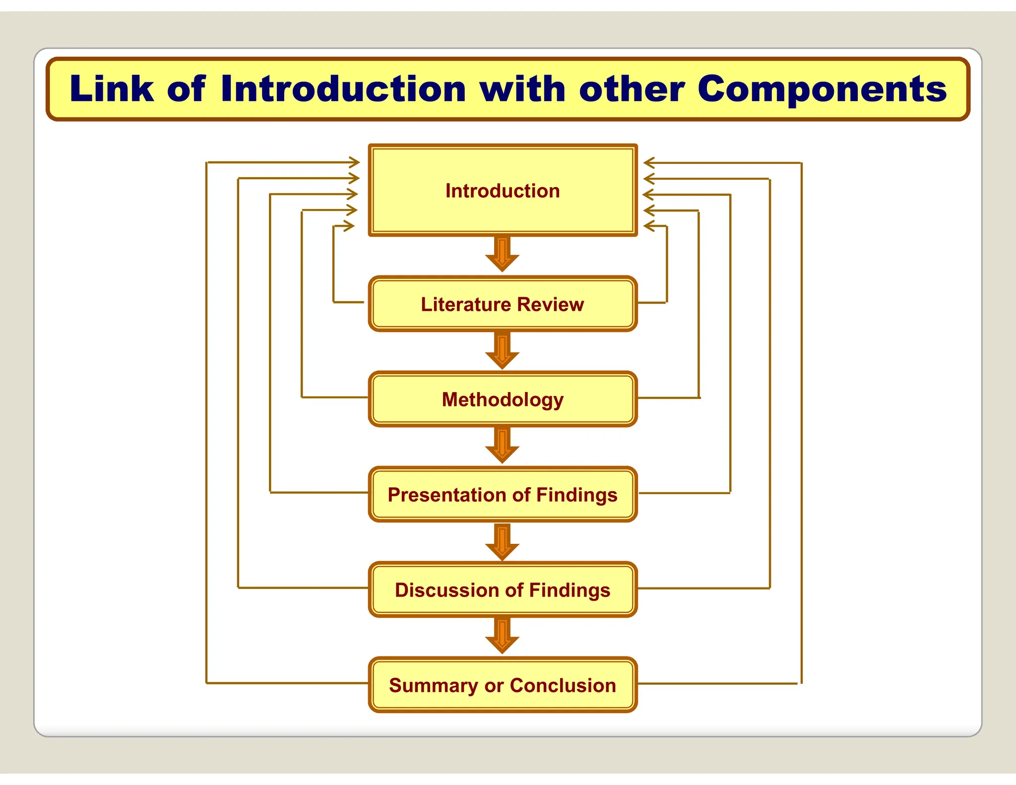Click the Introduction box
(502, 191)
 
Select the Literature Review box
(502, 304)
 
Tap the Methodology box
(502, 399)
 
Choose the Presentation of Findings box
(502, 494)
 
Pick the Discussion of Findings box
(502, 589)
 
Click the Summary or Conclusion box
(502, 685)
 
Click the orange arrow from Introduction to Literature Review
(502, 254)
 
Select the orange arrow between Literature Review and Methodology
(502, 351)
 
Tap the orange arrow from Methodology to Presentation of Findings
(502, 446)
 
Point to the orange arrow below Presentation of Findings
(502, 542)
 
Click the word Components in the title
(822, 89)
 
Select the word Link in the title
(112, 89)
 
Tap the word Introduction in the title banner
(343, 89)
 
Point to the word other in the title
(632, 89)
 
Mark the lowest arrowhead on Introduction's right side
(649, 226)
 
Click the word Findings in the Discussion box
(569, 590)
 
